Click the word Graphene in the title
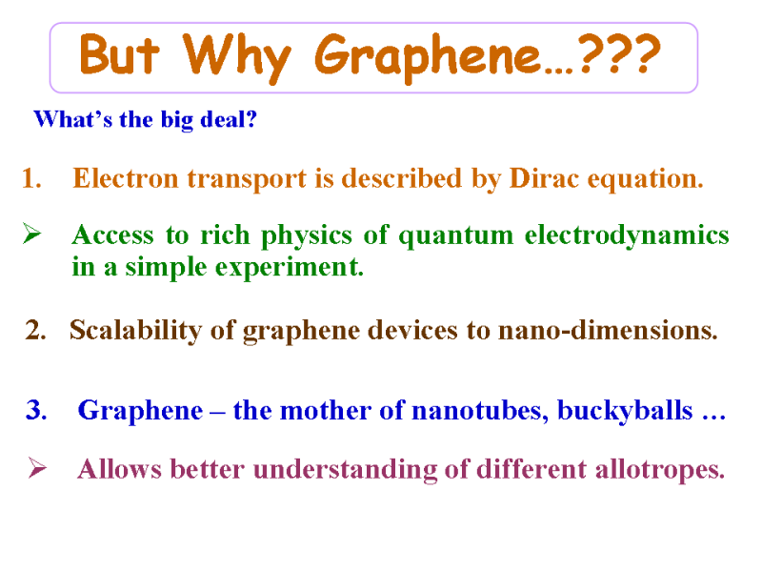pos(428,57)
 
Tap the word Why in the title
pos(236,57)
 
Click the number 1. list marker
pos(31,178)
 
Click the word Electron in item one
pos(126,178)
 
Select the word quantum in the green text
pos(456,236)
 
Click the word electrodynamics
pos(627,236)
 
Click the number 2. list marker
pos(35,330)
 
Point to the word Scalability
pos(135,331)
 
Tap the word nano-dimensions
pos(608,330)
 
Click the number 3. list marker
pos(36,410)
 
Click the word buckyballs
pos(625,411)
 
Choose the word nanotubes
pos(480,411)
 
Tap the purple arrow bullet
pos(37,467)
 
